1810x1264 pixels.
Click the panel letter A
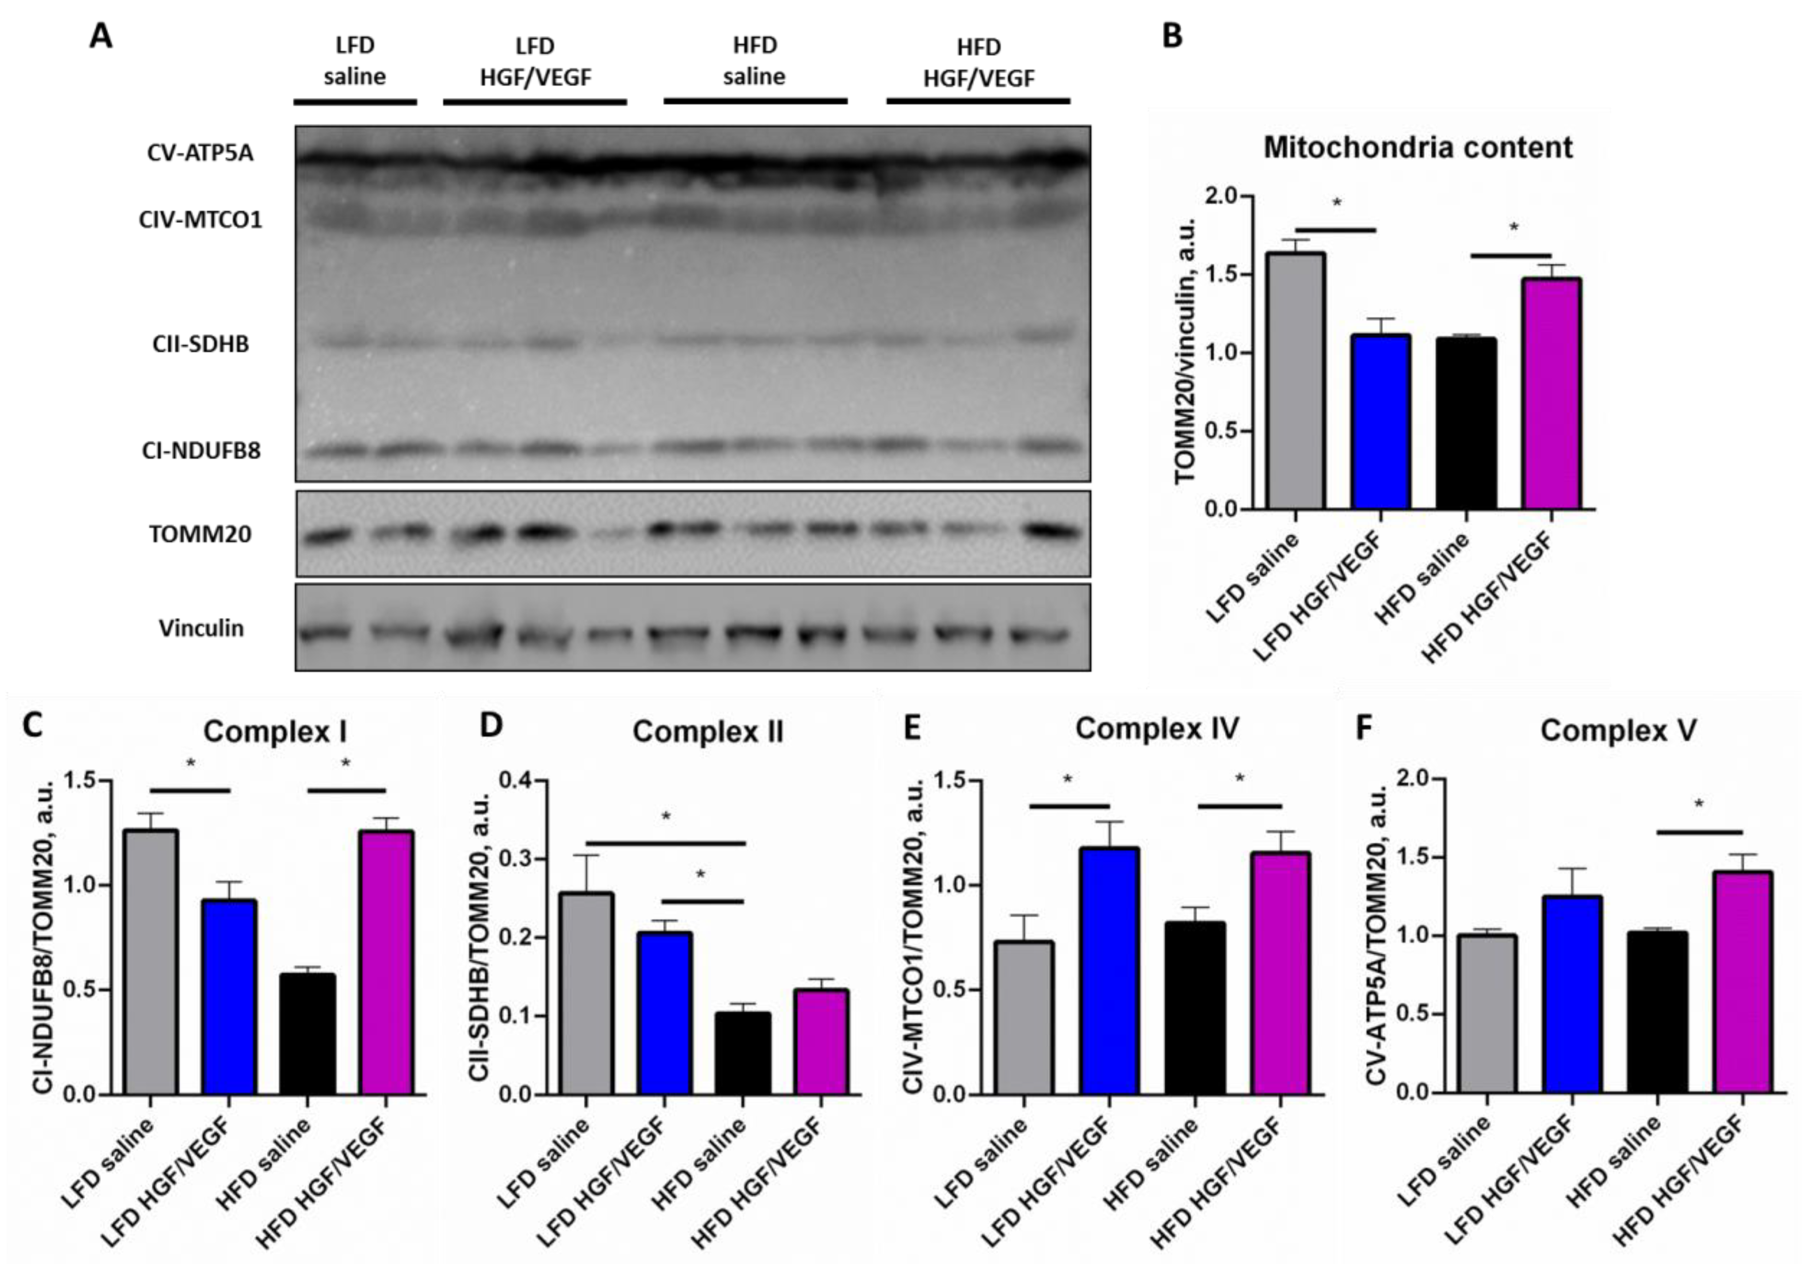pos(100,36)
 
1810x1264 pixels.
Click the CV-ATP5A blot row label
pos(200,153)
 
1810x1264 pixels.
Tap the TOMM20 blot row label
pos(200,535)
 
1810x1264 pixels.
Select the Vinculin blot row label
pos(201,628)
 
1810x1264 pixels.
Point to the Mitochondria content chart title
pos(1417,147)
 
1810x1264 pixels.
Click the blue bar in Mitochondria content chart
pos(1381,422)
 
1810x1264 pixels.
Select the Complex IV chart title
pos(1156,729)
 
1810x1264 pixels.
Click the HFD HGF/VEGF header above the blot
pos(978,63)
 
